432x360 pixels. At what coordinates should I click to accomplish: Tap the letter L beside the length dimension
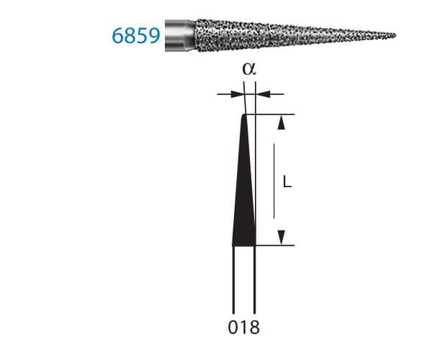(286, 183)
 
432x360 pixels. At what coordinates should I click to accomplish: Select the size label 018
(243, 328)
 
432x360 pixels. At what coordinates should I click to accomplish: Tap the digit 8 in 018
(254, 328)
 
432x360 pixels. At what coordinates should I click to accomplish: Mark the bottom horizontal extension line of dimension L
(277, 246)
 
